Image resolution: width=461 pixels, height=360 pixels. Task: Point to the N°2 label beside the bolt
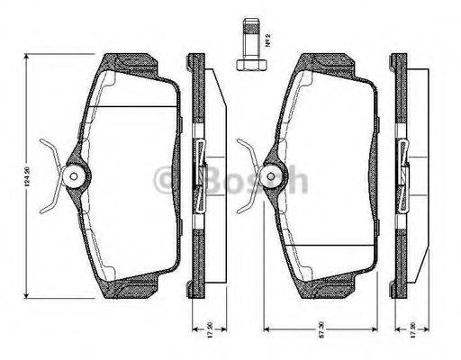tap(269, 40)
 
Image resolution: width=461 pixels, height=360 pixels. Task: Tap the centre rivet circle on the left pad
tap(73, 175)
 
